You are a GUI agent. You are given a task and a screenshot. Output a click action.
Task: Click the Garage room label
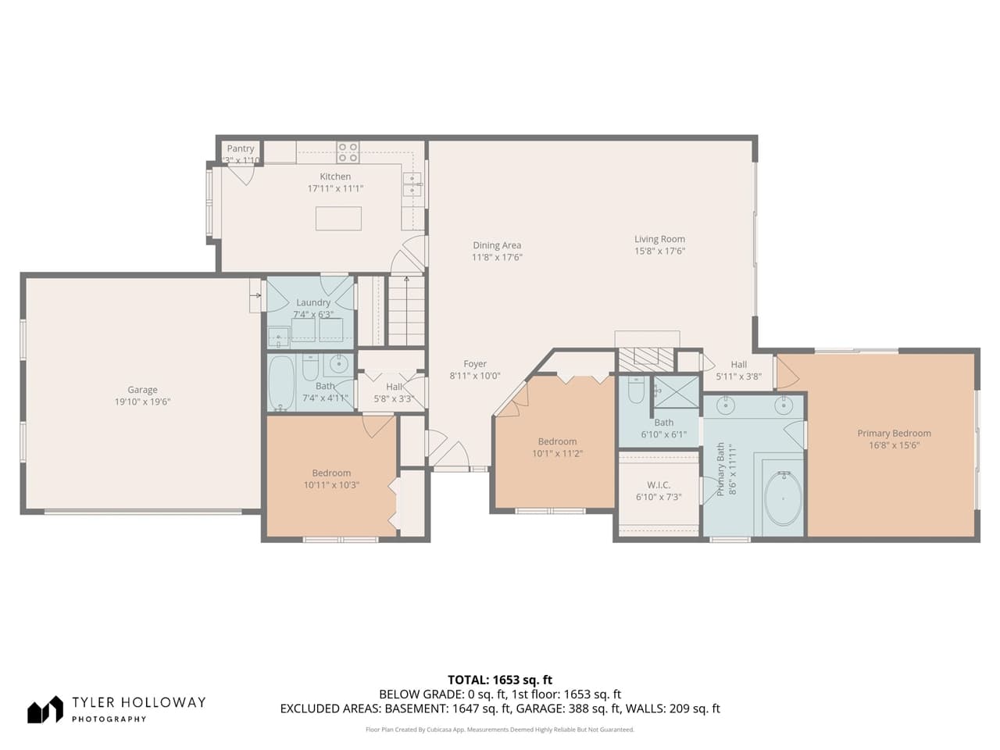tap(142, 390)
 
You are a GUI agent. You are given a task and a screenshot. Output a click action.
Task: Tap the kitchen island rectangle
tap(338, 218)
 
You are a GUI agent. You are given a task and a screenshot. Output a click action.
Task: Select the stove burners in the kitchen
tap(348, 152)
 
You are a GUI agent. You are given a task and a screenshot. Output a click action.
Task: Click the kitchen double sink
tap(412, 184)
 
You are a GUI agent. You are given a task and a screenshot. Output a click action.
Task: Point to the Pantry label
tap(241, 148)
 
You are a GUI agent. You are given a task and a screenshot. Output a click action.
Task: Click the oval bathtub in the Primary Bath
tap(783, 498)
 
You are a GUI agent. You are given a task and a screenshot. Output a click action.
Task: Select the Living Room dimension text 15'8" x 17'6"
tap(659, 252)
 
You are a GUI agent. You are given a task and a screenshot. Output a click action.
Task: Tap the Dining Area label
tap(496, 245)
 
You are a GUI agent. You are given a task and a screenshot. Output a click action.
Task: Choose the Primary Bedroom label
tap(894, 434)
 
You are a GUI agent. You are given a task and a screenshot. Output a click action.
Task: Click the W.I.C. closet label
tap(659, 485)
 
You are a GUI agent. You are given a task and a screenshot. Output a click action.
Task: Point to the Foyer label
tap(475, 364)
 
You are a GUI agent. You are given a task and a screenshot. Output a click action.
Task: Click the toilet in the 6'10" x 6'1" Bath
tap(636, 390)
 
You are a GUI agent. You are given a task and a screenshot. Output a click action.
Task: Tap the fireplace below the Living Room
tap(646, 357)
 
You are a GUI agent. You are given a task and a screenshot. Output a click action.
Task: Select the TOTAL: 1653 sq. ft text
tap(500, 680)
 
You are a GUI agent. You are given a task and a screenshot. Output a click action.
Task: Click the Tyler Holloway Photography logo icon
tap(45, 709)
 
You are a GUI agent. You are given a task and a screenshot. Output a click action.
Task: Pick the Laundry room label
tap(313, 302)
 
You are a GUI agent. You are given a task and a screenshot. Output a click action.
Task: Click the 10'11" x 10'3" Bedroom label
tap(331, 473)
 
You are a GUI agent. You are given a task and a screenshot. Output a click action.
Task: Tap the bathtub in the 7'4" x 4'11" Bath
tap(281, 383)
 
